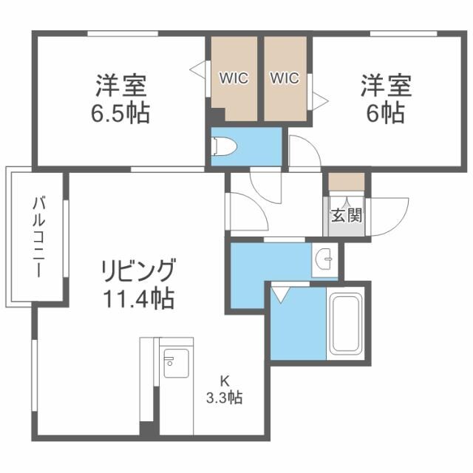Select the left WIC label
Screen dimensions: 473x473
232,78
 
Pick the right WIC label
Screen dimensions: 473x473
285,78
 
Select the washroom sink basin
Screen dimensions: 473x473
324,259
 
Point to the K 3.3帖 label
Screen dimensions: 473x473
224,389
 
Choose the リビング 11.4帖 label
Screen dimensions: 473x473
139,284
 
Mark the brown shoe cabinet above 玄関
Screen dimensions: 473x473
346,181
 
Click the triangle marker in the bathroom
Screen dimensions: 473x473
279,295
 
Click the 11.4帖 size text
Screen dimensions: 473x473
139,299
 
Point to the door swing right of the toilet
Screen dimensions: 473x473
302,152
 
